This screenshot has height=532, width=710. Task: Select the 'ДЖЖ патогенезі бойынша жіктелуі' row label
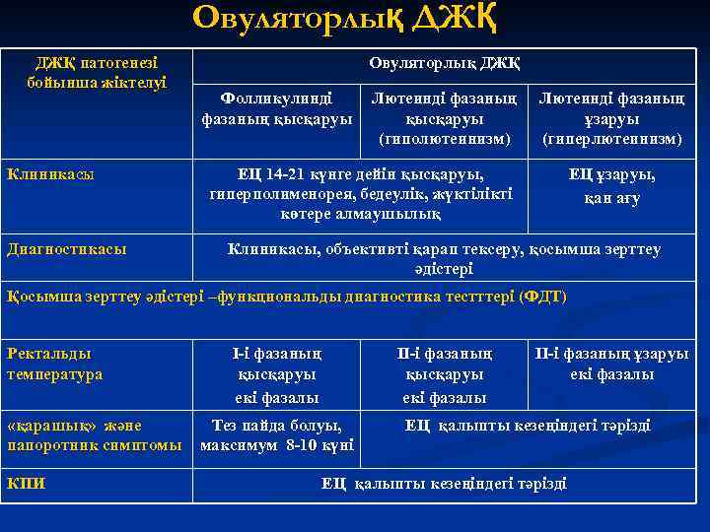tap(97, 72)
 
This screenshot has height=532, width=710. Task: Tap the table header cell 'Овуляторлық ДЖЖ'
tap(444, 63)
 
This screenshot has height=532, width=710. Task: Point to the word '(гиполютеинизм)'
tap(444, 139)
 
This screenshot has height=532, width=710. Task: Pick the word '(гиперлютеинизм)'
tap(611, 139)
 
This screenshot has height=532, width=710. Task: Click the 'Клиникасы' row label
tap(51, 174)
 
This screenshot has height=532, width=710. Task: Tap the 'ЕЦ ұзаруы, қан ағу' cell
tap(611, 186)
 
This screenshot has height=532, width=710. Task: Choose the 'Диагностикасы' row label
tap(67, 249)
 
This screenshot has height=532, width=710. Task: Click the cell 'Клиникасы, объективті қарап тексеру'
tap(444, 258)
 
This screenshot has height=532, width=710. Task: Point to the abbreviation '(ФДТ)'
tap(542, 297)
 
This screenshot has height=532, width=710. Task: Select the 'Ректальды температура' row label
tap(55, 364)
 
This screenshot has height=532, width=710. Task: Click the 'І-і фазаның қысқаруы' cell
tap(276, 374)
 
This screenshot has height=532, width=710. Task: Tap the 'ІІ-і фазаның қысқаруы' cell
tap(444, 374)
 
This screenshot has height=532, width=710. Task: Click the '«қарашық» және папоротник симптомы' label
tap(95, 435)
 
